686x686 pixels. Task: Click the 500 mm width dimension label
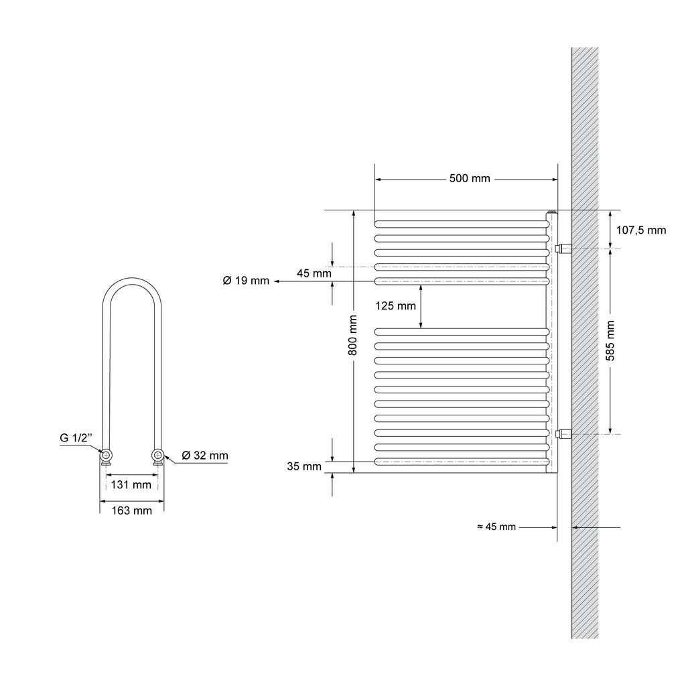470,178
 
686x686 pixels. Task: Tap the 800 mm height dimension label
353,335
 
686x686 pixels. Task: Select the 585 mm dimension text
610,341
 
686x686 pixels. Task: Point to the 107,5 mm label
641,230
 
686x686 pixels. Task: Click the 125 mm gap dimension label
395,305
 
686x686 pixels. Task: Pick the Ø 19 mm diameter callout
246,281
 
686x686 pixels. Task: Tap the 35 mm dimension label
304,466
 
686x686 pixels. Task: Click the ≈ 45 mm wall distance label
496,527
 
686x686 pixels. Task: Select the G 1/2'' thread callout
76,437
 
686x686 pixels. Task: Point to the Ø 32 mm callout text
205,456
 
